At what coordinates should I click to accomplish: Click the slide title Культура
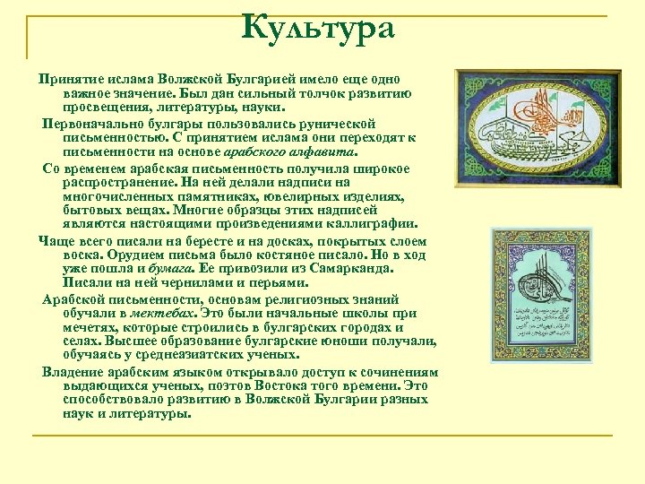[x=318, y=28]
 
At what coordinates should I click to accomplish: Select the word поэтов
[x=211, y=386]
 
